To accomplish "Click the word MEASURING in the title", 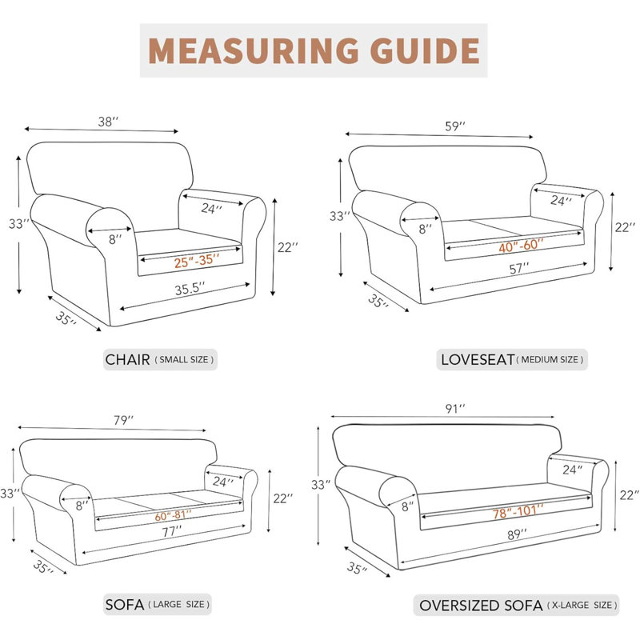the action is tap(253, 50).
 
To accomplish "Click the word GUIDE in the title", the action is tap(425, 50).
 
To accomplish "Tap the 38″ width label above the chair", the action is tap(108, 122).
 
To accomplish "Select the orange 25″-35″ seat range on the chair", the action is tap(197, 261).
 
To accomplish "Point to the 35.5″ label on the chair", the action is tap(190, 289).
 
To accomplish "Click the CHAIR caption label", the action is tap(128, 359).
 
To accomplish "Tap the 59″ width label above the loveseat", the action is tap(455, 126).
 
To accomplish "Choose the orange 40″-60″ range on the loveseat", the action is tap(522, 246).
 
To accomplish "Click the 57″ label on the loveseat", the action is tap(518, 269).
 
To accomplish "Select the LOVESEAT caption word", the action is tap(478, 359).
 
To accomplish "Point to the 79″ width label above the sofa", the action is tap(124, 420).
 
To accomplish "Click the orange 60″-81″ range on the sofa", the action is tap(173, 515).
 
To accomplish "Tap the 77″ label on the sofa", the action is tap(172, 531).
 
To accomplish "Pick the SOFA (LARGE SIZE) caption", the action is tap(158, 604).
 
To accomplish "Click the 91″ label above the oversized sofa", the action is tap(455, 408).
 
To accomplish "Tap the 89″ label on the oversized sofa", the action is tap(517, 534).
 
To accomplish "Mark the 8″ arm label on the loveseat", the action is tap(426, 229).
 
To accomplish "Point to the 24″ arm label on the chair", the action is tap(211, 208).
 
